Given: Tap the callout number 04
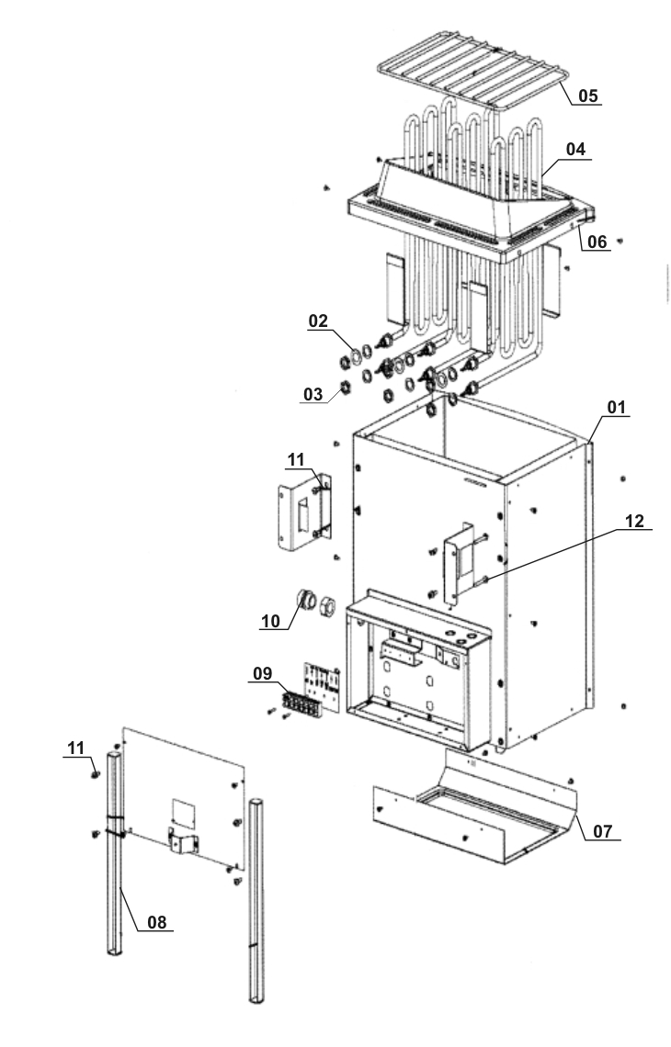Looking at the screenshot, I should point(575,148).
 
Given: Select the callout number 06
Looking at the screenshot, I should point(597,242).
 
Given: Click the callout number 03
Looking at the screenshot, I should point(313,394).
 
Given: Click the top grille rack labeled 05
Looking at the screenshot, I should point(473,83).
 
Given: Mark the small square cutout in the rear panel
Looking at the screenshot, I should point(184,809).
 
